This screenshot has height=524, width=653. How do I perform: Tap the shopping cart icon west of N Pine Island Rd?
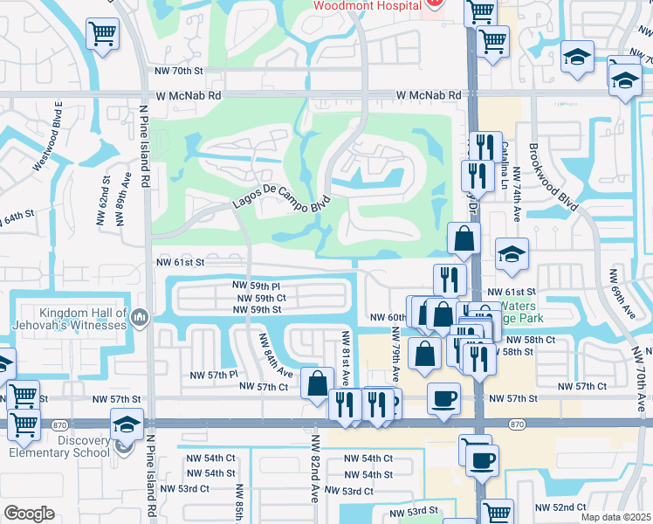(x=102, y=35)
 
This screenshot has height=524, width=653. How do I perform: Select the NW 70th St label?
(x=178, y=70)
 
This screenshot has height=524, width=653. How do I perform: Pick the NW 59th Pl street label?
(x=257, y=286)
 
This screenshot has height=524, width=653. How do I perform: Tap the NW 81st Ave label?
(x=346, y=359)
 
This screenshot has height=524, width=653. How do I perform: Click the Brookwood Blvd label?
(x=553, y=176)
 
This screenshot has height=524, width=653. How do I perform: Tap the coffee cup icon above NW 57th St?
(x=443, y=398)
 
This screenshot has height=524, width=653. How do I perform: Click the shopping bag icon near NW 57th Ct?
(x=316, y=383)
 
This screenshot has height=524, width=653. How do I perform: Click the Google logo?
(x=29, y=514)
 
